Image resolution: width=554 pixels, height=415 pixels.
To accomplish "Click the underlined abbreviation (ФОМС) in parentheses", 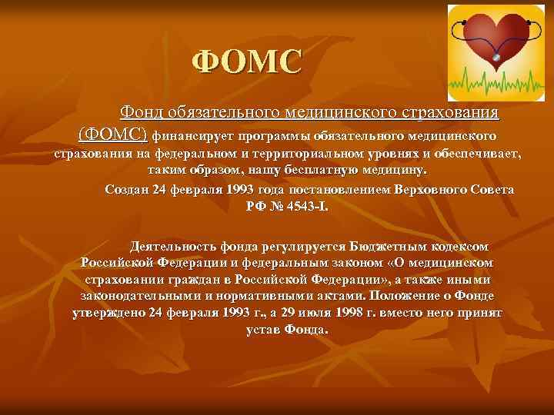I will click(x=112, y=134).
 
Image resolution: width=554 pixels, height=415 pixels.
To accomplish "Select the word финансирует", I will click(x=189, y=136).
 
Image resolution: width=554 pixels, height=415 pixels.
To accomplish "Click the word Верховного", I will click(x=431, y=189).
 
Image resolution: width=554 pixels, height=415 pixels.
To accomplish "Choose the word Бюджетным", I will click(x=382, y=247).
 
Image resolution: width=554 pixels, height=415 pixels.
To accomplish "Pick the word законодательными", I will click(x=140, y=296).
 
